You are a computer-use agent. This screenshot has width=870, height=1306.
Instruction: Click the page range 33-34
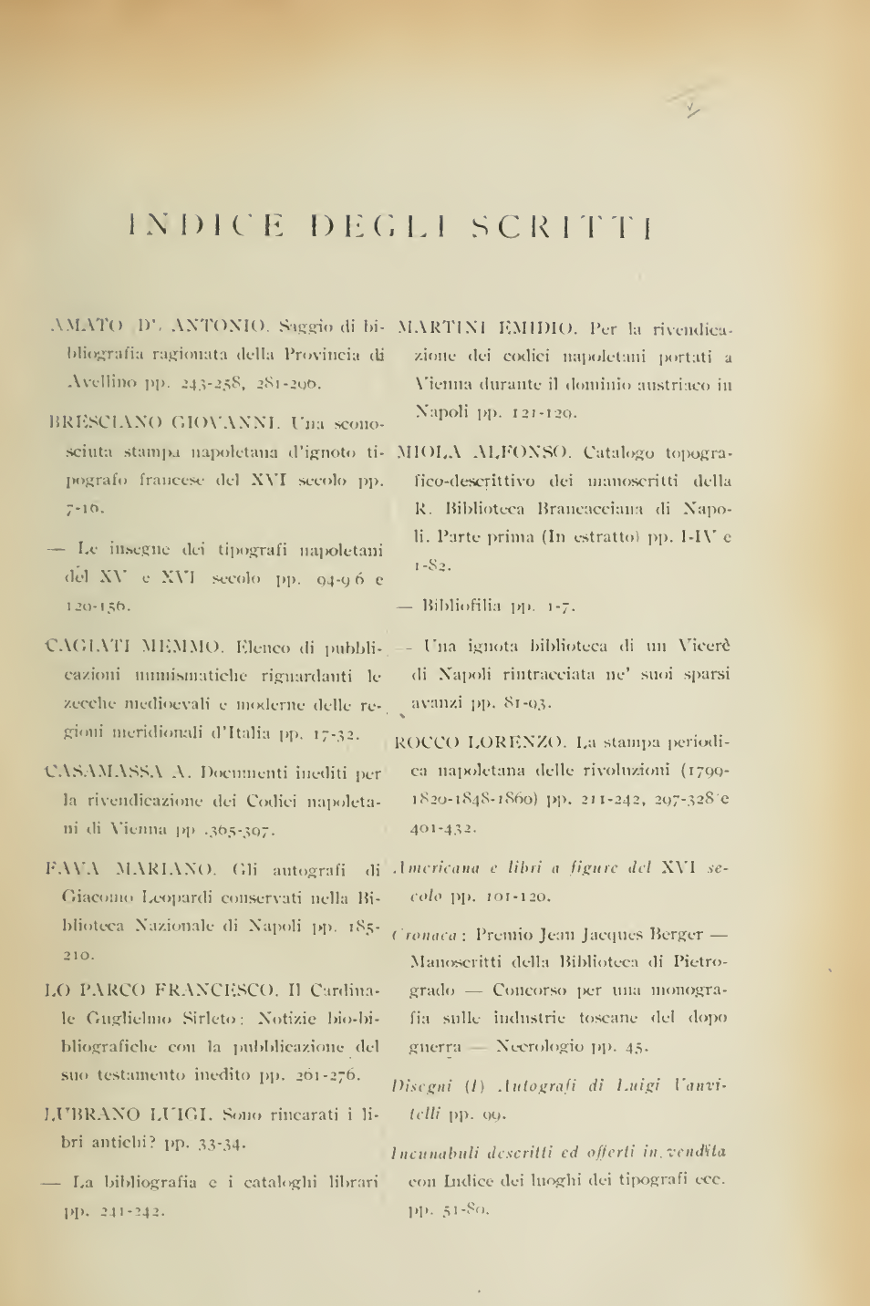click(214, 1143)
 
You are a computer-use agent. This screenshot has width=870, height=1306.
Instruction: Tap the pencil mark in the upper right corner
click(692, 111)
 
